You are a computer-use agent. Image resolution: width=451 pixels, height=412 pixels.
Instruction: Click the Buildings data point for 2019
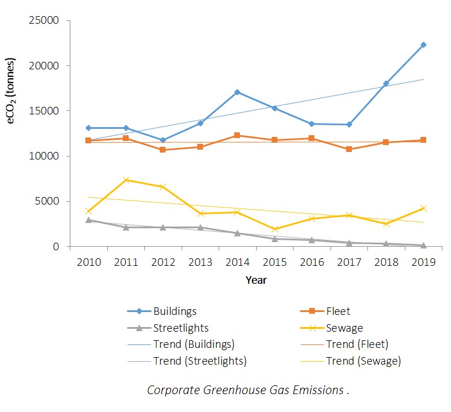[423, 44]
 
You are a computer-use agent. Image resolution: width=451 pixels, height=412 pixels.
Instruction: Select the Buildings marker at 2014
[238, 92]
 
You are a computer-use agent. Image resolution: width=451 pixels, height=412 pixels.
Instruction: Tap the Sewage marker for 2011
[126, 180]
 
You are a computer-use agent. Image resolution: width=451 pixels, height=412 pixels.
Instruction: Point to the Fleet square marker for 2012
[163, 150]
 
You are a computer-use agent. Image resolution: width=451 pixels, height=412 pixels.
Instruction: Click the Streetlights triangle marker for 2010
[89, 220]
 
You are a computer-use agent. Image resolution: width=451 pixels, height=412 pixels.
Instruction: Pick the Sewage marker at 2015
[275, 229]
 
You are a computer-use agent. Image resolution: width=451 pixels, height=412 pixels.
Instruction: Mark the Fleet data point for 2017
[349, 149]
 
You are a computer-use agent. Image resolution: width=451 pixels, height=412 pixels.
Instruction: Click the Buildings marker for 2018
[386, 83]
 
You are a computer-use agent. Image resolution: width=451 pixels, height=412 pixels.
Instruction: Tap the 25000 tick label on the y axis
[44, 21]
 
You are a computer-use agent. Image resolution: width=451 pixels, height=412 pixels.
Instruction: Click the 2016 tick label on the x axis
[311, 262]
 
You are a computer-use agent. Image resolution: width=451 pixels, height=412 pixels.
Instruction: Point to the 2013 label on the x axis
[200, 262]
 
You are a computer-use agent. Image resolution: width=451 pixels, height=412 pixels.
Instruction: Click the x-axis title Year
[255, 280]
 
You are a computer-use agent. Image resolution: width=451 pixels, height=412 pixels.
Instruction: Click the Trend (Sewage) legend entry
[363, 361]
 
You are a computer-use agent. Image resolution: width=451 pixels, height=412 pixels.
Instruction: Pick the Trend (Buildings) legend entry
[193, 344]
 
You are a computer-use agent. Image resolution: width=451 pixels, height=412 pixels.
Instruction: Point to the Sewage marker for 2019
[423, 208]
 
